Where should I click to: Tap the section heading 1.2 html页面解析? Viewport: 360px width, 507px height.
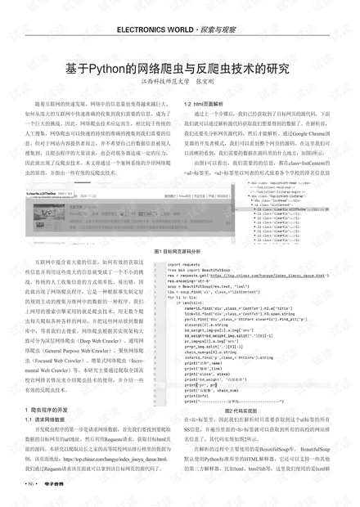[209, 106]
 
